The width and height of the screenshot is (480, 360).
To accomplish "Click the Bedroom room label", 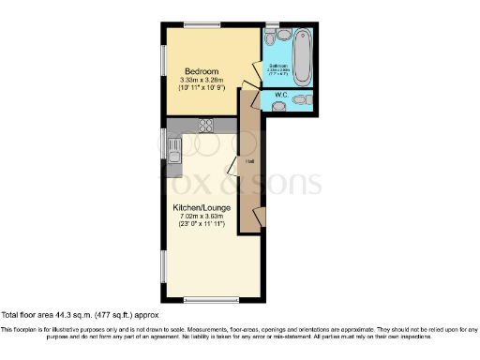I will point(202,71).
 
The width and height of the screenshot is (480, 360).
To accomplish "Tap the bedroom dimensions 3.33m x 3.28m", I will point(202,81).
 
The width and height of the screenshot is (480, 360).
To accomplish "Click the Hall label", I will point(250,162).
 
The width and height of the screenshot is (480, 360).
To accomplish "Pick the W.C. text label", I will point(281,96).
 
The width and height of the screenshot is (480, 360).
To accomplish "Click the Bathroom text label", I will point(279,66).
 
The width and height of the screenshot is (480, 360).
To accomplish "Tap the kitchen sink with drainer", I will point(173,145).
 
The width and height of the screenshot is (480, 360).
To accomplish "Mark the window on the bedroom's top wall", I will point(197,23).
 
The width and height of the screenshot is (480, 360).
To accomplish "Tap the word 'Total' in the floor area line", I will point(10,316).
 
